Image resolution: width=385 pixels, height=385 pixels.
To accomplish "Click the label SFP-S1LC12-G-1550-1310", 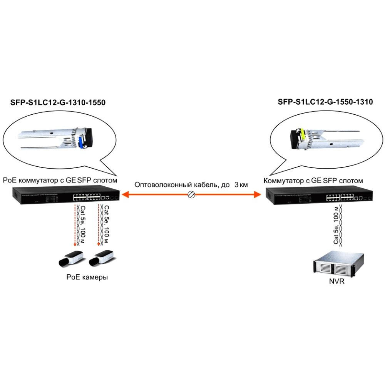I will click(x=325, y=102).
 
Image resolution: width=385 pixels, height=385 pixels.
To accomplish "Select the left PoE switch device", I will click(x=65, y=196).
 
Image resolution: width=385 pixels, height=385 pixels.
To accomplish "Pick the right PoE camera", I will click(x=101, y=258).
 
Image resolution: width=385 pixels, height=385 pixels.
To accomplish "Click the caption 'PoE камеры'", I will click(x=87, y=277).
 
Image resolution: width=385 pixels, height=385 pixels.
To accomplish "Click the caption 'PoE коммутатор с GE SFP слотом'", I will click(x=60, y=180).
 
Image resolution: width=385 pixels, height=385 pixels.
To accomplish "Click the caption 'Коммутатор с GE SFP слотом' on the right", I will click(x=313, y=180).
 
